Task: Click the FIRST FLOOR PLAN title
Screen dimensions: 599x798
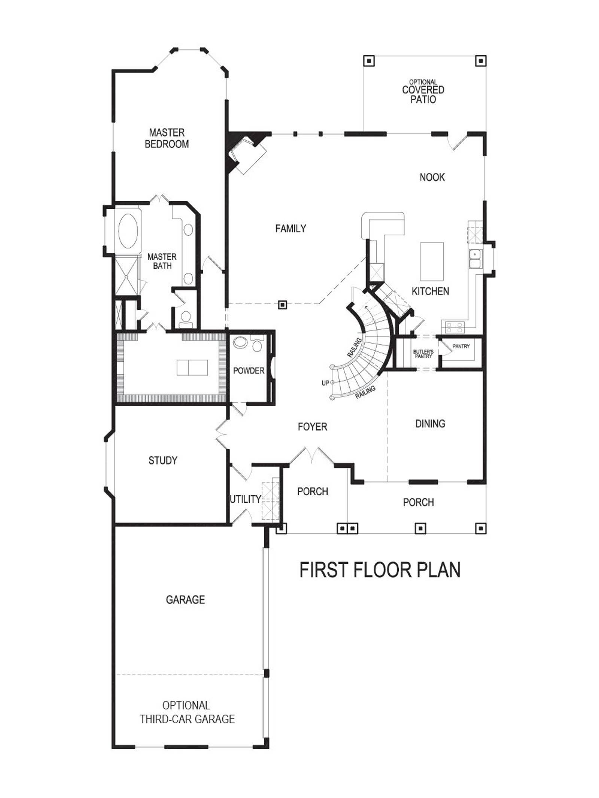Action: pos(380,570)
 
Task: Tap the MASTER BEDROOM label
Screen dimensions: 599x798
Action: pos(167,138)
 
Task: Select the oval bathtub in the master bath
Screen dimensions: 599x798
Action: pos(128,230)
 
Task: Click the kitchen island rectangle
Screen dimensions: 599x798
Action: pos(432,262)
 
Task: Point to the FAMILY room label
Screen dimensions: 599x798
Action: pos(291,228)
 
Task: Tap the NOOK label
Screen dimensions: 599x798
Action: pos(432,177)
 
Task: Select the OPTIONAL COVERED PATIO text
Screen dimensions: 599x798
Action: pos(423,91)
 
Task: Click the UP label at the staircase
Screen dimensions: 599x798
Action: pos(325,383)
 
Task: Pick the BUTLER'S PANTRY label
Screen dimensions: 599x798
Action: pos(423,354)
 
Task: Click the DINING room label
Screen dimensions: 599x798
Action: pos(430,424)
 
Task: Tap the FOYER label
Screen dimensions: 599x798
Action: pos(312,426)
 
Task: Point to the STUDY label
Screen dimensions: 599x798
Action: pos(163,460)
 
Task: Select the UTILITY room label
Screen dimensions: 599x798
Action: pos(245,499)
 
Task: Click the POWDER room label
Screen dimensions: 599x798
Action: pos(249,370)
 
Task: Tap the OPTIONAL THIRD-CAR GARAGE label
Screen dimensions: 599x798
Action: pos(187,712)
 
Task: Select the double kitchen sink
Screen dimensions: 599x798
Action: pos(475,259)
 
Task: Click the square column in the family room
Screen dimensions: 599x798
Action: pos(283,305)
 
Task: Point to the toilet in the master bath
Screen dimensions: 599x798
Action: pos(185,318)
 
